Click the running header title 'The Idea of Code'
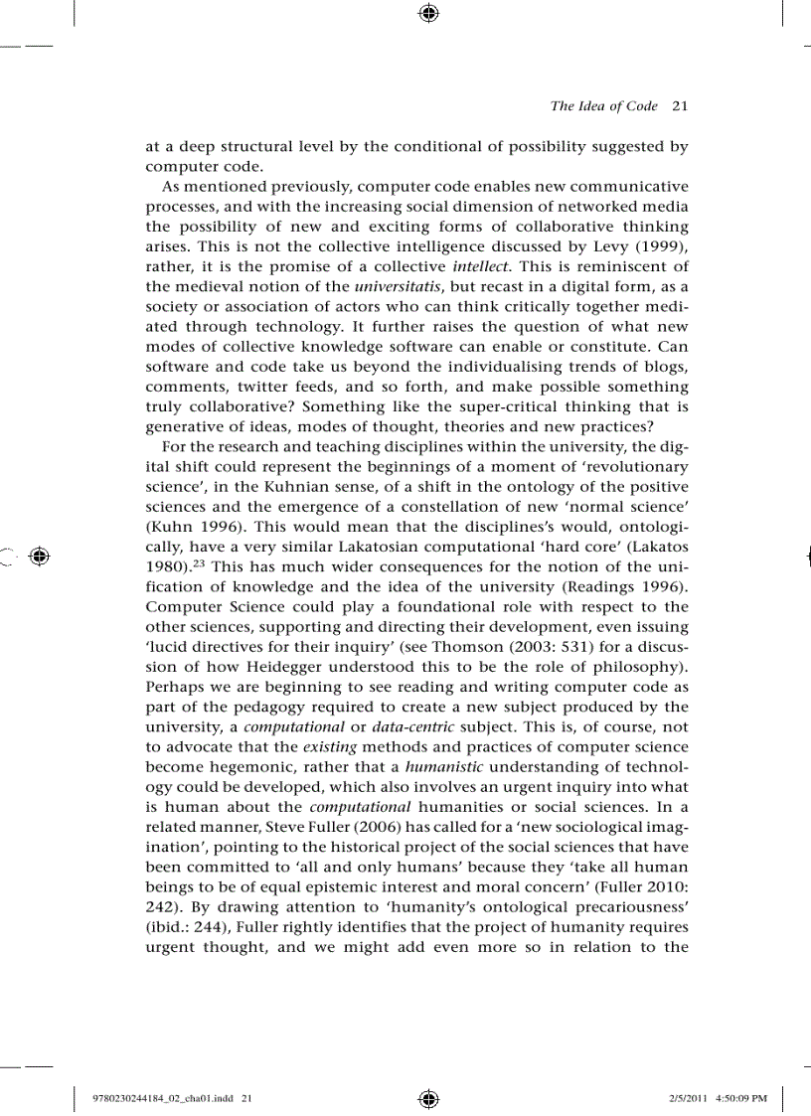603,106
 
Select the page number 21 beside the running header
681,106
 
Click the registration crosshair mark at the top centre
428,13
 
